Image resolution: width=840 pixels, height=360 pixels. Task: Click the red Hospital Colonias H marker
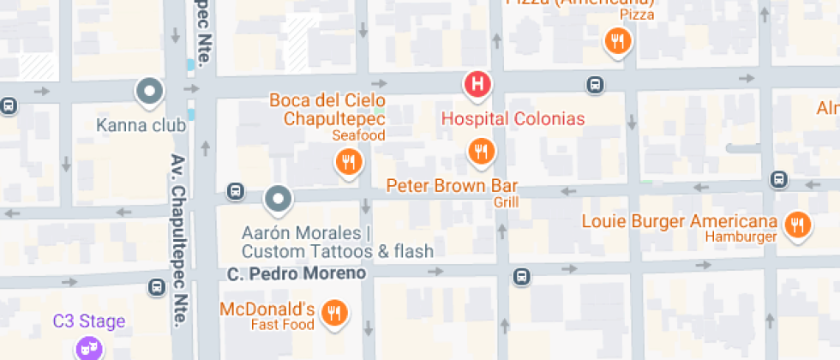477,84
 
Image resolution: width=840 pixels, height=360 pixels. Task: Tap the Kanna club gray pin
150,90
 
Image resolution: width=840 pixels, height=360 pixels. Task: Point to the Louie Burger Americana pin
798,225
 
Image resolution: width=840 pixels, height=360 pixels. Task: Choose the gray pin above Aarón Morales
278,200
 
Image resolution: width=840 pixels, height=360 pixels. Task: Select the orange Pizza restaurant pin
617,39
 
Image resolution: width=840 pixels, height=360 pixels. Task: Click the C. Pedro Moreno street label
297,273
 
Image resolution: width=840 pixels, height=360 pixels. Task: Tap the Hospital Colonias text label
513,118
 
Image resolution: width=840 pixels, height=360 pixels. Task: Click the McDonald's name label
267,309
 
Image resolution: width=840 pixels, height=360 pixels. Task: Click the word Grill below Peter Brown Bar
506,202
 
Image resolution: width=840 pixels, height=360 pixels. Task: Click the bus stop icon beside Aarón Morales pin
235,191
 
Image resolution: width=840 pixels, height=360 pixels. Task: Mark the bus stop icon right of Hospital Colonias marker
593,84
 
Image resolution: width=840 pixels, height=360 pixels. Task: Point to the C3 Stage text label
89,321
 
